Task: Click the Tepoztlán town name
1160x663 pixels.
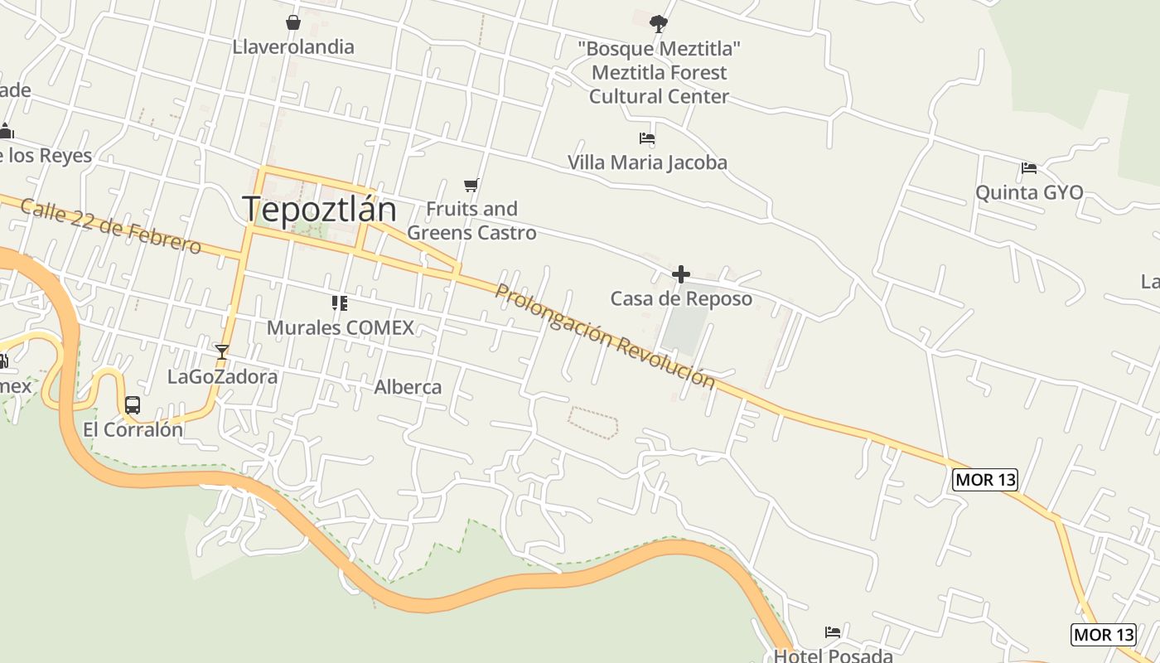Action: [319, 209]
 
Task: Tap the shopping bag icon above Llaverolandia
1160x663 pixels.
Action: [292, 22]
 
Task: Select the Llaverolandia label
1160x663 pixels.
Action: [293, 47]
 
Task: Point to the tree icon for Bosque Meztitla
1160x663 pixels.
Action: [659, 23]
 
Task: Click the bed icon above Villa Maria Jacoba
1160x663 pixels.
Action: [647, 138]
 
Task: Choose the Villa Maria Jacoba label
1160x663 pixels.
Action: [647, 162]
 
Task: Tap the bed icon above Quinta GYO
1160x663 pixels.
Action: [1029, 168]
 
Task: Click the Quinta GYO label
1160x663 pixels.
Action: [1029, 192]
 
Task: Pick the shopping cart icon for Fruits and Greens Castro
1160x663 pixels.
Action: [471, 185]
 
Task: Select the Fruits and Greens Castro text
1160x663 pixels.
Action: [471, 220]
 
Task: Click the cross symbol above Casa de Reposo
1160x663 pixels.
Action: [681, 274]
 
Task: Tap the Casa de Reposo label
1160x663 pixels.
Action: [681, 298]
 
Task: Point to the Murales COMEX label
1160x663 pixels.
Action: [340, 327]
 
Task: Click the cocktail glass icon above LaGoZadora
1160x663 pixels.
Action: [221, 352]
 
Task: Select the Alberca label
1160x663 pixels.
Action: [408, 387]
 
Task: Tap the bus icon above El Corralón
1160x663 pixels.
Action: [133, 405]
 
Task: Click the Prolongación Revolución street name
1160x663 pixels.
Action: [604, 336]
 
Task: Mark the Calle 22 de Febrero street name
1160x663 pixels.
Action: [110, 225]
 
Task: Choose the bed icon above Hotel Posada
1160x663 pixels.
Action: [833, 632]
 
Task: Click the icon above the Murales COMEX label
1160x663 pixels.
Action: [339, 303]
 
